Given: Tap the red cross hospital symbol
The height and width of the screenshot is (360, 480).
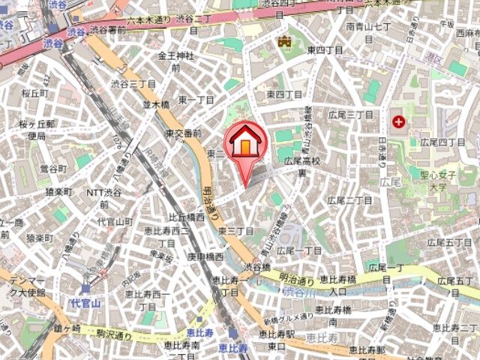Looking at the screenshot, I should coord(397,120).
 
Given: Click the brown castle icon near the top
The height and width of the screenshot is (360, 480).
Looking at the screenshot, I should coord(284,43).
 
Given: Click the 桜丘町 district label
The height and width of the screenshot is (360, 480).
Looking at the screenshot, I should coord(34,93).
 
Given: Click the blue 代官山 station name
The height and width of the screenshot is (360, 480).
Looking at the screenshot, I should coord(80,303).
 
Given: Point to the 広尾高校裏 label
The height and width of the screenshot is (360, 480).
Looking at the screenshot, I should coord(301,166).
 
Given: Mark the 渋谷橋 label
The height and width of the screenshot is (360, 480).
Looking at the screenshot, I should coord(256,266).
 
